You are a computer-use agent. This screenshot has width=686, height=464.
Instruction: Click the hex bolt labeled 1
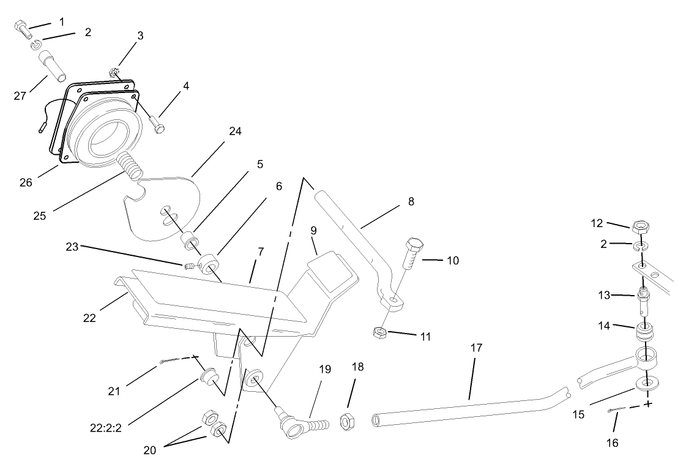click(21, 27)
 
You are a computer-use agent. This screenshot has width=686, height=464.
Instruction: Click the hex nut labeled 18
click(346, 421)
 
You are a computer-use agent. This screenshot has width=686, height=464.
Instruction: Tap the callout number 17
click(476, 348)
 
